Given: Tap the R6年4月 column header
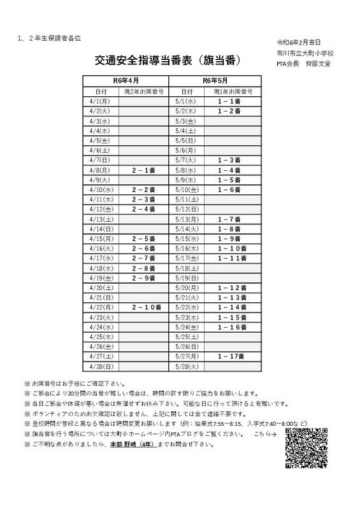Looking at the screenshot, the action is (x=126, y=82).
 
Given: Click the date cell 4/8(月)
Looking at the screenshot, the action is (x=101, y=170).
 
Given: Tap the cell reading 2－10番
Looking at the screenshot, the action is (x=144, y=307).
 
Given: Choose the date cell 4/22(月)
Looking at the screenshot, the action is (x=101, y=307).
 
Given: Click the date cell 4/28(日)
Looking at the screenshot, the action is (x=101, y=366).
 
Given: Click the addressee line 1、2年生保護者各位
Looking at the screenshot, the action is (x=50, y=38).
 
